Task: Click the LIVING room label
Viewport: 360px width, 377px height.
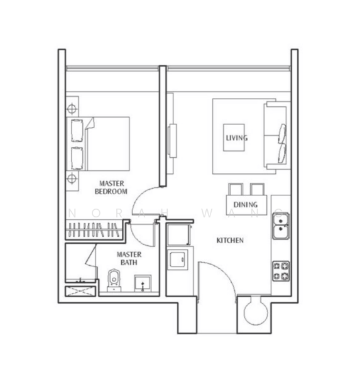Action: coord(237,138)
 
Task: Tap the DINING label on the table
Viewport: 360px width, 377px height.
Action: coord(246,205)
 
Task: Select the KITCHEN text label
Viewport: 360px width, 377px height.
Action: coord(230,241)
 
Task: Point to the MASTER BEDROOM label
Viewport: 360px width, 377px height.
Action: coord(111,187)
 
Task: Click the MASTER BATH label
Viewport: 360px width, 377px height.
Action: coord(129,258)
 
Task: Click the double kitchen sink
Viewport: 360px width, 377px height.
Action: coord(281,226)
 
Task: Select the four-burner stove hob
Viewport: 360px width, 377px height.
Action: coord(281,271)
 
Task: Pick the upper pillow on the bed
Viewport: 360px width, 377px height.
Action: coord(77,130)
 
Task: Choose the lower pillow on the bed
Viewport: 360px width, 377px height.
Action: coord(77,158)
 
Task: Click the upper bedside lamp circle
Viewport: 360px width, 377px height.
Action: coord(72,109)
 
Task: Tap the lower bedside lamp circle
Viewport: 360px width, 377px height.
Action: coord(72,178)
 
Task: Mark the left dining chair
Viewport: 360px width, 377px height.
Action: coord(236,189)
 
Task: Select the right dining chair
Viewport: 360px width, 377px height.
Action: coord(257,189)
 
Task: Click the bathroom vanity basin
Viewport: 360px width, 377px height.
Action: coord(143,283)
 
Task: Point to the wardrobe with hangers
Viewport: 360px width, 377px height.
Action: coord(94,229)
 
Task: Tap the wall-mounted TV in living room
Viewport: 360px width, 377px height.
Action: coord(172,141)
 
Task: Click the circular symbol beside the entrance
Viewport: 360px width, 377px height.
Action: coord(256,313)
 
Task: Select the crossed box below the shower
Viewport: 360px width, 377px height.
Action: coord(80,291)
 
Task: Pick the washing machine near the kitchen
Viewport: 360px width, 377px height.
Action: coord(178,259)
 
